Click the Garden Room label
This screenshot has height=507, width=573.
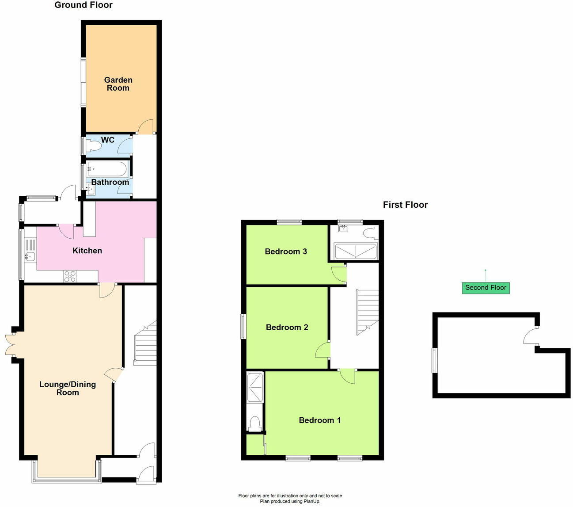118,84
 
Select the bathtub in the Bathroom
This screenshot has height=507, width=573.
108,169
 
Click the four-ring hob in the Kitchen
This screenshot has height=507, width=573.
70,276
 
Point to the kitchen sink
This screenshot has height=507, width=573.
30,256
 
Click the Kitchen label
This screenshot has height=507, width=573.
87,251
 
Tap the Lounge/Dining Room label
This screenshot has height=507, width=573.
68,388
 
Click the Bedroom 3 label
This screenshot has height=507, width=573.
286,252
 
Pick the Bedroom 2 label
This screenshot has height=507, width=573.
287,328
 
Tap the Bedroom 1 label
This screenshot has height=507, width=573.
319,420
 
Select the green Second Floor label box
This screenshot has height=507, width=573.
486,288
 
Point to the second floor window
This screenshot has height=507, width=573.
435,360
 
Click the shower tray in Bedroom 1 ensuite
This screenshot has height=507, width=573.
255,387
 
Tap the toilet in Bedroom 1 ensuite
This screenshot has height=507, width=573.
254,423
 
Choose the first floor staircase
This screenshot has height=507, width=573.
368,312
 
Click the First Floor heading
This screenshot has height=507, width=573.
405,205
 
